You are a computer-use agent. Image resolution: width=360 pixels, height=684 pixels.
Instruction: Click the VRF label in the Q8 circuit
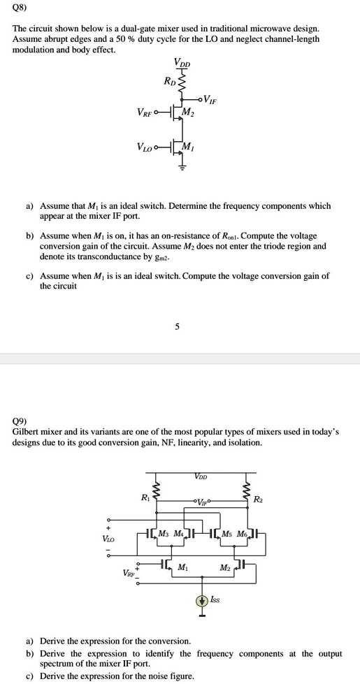(x=145, y=112)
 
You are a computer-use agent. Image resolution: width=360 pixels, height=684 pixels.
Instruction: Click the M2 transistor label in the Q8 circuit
(x=187, y=112)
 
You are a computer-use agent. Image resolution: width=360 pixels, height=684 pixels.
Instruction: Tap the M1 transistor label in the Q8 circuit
(x=187, y=146)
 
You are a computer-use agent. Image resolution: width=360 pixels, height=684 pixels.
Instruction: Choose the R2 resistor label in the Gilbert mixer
(x=258, y=498)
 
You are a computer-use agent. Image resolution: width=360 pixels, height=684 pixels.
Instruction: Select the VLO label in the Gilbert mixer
(x=109, y=539)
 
